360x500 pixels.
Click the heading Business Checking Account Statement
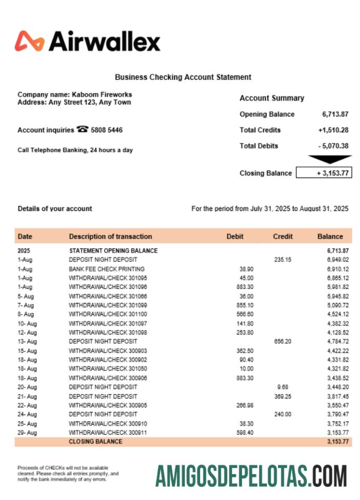[183, 77]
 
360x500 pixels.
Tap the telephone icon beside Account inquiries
[82, 130]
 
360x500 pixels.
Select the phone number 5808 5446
[106, 130]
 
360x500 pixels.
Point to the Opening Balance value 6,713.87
[335, 114]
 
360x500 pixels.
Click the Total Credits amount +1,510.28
[333, 130]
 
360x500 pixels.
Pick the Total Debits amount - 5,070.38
[333, 146]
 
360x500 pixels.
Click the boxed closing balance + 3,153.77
[324, 173]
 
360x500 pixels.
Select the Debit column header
[235, 236]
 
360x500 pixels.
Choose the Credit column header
[283, 236]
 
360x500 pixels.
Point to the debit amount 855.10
[245, 305]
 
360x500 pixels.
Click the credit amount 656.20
[283, 341]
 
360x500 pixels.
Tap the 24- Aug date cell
[28, 414]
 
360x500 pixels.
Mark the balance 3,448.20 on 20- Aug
[338, 387]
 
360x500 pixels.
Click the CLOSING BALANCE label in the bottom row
[96, 442]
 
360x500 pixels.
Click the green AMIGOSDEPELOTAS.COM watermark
[251, 476]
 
